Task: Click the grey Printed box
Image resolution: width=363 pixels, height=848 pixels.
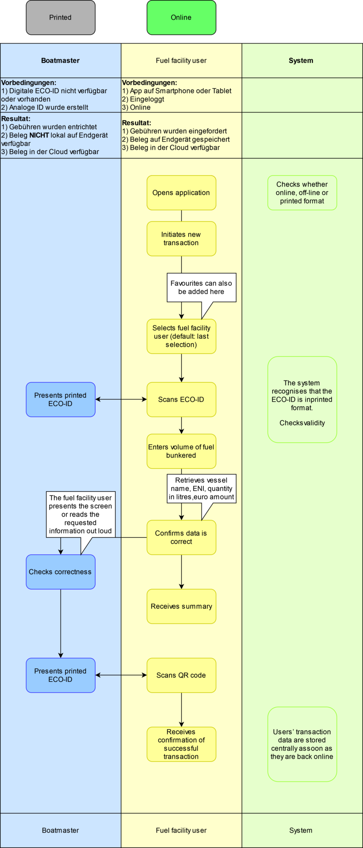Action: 60,17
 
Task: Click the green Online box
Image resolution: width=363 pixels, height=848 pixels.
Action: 181,17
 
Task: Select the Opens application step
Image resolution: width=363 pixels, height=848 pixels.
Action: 181,193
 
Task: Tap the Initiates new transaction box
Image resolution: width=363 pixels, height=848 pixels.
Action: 181,238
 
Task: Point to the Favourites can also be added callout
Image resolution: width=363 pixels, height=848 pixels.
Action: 201,287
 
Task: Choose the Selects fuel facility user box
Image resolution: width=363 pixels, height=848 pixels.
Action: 181,336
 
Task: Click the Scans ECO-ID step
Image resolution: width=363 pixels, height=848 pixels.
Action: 181,400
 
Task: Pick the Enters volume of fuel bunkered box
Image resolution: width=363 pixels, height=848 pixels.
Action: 181,451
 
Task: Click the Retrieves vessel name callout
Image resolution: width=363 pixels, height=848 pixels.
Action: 201,489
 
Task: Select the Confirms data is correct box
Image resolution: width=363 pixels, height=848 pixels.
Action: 181,537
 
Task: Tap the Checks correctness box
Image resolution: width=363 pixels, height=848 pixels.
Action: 60,572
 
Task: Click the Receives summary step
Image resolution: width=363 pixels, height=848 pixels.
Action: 181,606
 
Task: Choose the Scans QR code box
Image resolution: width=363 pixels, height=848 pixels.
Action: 181,675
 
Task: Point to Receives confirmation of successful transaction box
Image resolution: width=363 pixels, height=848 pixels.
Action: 181,744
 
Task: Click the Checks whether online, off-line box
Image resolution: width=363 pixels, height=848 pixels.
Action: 302,193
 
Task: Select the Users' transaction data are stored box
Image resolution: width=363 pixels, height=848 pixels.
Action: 302,744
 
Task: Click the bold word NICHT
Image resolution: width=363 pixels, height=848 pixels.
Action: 39,135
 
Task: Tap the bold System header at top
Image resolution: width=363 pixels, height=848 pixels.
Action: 301,60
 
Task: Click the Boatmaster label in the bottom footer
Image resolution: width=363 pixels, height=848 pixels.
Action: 60,830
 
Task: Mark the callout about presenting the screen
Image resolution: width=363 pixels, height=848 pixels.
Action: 80,514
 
